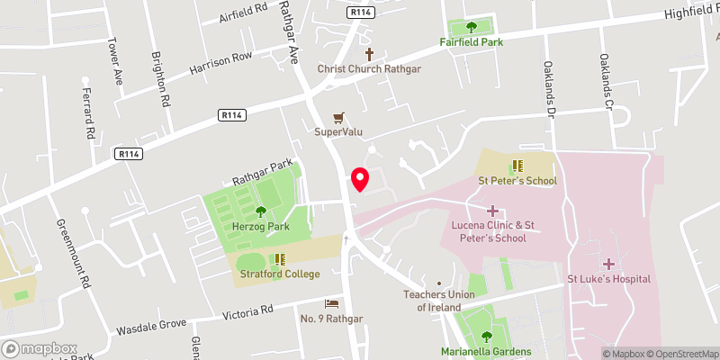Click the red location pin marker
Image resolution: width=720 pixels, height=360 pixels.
click(360, 178)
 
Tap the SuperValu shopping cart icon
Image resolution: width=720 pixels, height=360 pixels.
click(338, 117)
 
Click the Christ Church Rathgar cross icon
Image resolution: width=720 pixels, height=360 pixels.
click(368, 54)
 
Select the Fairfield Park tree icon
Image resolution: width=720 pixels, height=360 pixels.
click(471, 27)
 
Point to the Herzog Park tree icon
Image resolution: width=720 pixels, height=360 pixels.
click(260, 212)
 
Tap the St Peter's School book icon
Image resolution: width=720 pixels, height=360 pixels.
click(517, 166)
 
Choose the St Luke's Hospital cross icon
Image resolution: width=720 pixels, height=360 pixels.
click(608, 264)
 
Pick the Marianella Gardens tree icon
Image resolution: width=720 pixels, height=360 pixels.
click(486, 337)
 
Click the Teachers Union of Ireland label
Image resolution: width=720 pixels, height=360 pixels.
click(438, 301)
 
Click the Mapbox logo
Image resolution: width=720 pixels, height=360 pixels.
click(40, 348)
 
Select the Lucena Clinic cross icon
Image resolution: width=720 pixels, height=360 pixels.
click(492, 210)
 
